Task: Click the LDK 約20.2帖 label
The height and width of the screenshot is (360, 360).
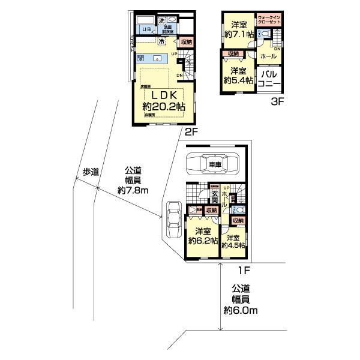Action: pyautogui.click(x=163, y=100)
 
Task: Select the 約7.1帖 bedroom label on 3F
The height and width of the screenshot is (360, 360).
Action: pyautogui.click(x=239, y=29)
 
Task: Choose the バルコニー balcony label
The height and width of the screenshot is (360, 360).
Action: pyautogui.click(x=267, y=80)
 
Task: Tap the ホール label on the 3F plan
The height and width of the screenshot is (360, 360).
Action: pyautogui.click(x=269, y=56)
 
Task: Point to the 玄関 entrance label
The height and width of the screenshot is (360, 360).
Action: pyautogui.click(x=214, y=197)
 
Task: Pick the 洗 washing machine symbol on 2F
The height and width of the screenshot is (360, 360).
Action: pyautogui.click(x=161, y=22)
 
